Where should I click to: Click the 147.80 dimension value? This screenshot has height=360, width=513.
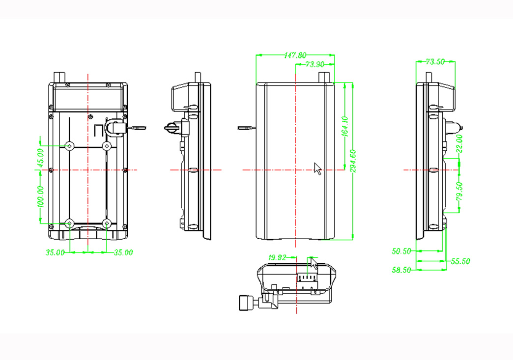(295, 55)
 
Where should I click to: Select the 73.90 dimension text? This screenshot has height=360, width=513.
(314, 64)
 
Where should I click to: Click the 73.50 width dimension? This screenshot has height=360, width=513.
(435, 62)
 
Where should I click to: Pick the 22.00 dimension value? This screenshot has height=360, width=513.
(459, 144)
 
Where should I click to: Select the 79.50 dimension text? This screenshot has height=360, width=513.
(459, 191)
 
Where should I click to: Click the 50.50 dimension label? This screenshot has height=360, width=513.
(401, 251)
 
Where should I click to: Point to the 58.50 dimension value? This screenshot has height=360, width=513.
(401, 270)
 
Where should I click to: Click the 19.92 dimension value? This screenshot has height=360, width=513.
(277, 257)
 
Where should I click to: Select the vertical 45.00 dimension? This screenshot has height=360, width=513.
(41, 157)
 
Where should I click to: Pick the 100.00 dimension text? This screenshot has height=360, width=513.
(41, 196)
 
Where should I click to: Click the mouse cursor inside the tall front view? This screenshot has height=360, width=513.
(317, 168)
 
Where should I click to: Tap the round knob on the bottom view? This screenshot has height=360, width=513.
(245, 303)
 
